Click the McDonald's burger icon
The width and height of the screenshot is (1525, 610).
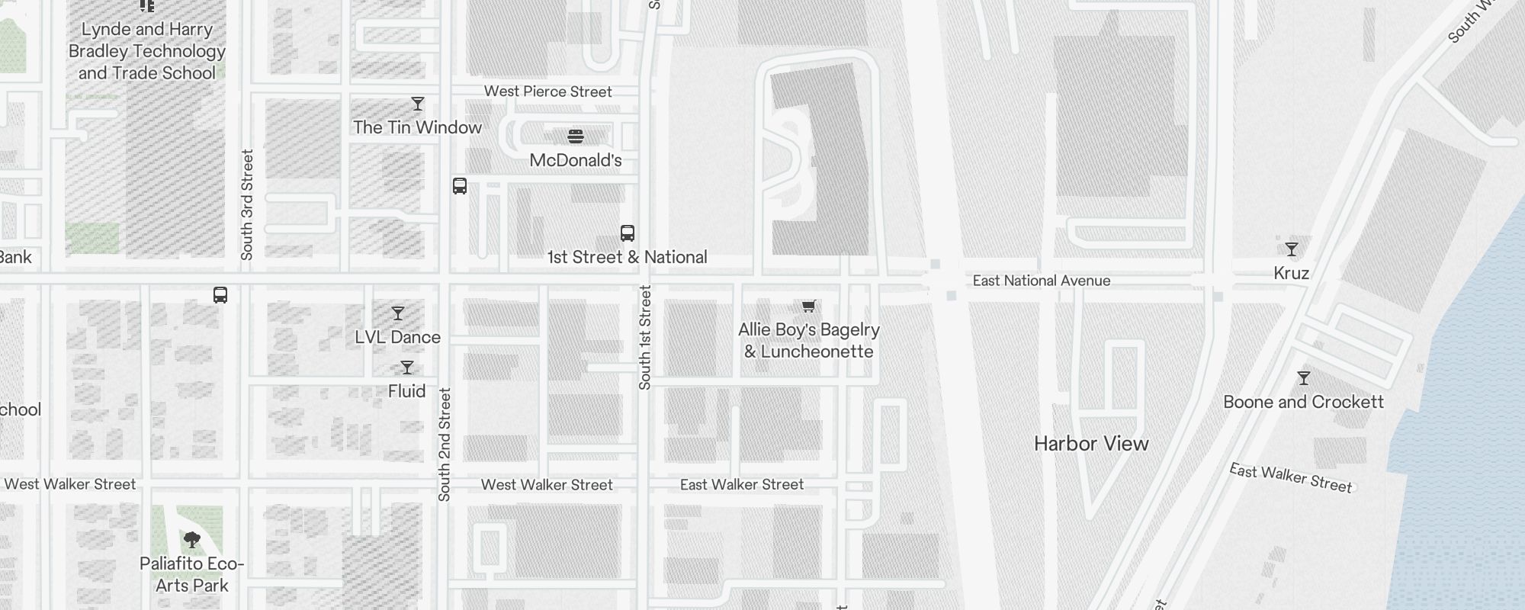tap(576, 136)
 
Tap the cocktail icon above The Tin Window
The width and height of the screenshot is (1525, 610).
tap(418, 104)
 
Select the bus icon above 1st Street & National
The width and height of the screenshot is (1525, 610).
tap(628, 233)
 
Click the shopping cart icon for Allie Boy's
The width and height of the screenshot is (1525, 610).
tap(809, 307)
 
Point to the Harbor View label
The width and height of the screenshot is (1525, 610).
tap(1091, 444)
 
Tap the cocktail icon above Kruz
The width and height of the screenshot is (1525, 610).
tap(1292, 249)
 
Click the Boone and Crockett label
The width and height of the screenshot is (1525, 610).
tap(1303, 402)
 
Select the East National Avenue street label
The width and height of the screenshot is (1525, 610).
tap(1042, 281)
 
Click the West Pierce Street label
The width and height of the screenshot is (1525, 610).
tap(547, 91)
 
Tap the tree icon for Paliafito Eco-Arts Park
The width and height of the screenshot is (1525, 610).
tap(192, 541)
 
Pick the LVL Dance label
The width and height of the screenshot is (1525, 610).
tap(397, 337)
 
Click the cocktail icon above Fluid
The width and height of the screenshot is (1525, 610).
tap(407, 368)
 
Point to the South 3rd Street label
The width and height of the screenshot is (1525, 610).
tap(247, 204)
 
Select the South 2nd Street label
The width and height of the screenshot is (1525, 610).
tap(445, 445)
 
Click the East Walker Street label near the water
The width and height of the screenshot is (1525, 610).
tap(1290, 478)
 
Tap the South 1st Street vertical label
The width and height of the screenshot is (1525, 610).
tap(645, 337)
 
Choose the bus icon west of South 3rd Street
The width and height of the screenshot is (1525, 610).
tap(220, 295)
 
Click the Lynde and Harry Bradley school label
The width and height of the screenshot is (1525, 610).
tap(147, 51)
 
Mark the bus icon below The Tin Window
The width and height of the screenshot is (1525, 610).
tap(460, 186)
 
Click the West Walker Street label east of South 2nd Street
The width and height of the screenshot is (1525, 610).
tap(547, 485)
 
